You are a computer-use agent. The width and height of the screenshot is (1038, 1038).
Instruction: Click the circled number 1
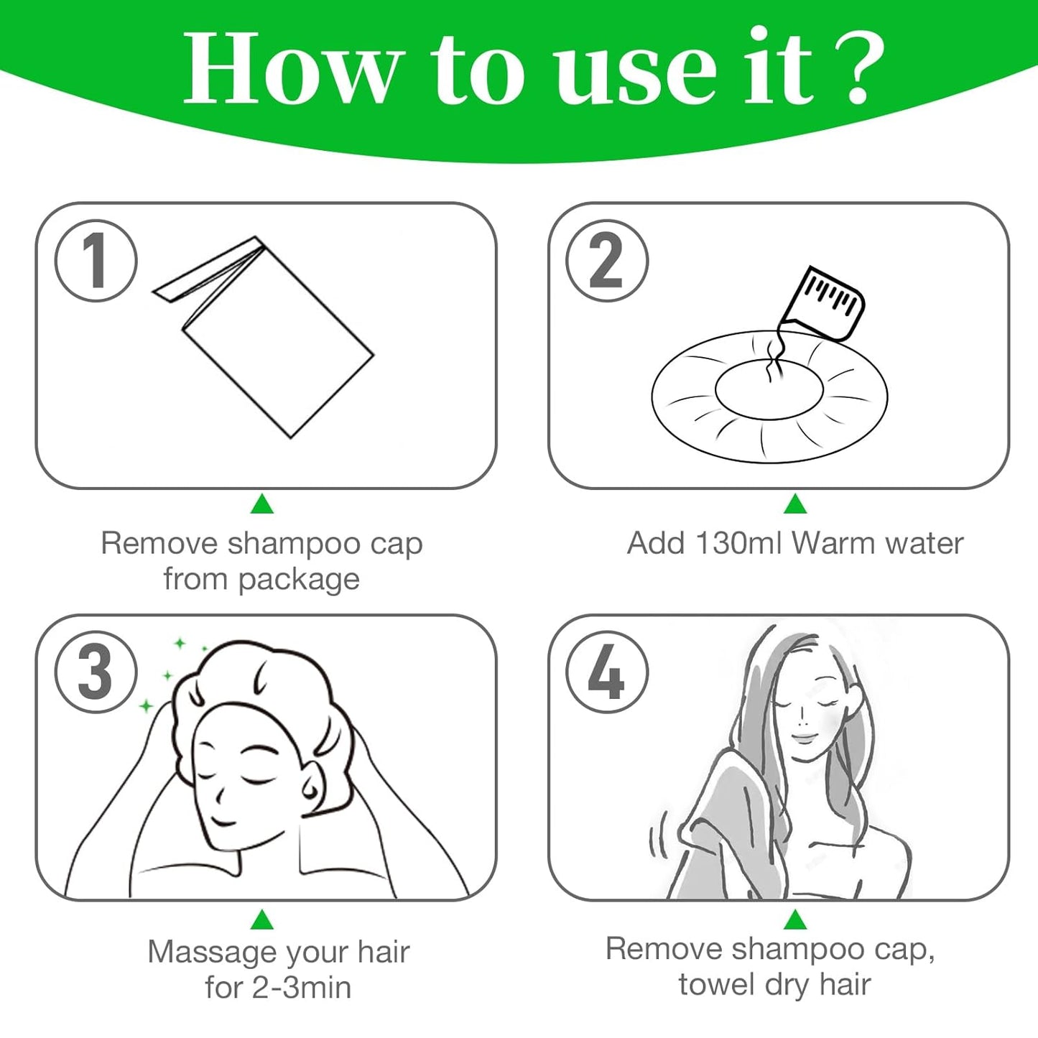pyautogui.click(x=96, y=260)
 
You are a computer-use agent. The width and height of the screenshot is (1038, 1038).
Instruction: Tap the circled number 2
pyautogui.click(x=607, y=260)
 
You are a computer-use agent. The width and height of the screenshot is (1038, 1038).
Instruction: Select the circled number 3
pyautogui.click(x=96, y=672)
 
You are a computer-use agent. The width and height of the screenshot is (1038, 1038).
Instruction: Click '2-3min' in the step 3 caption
pyautogui.click(x=301, y=988)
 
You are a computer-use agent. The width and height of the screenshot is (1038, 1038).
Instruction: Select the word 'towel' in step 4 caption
pyautogui.click(x=714, y=984)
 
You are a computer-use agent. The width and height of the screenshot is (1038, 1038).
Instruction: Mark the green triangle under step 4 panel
pyautogui.click(x=794, y=919)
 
